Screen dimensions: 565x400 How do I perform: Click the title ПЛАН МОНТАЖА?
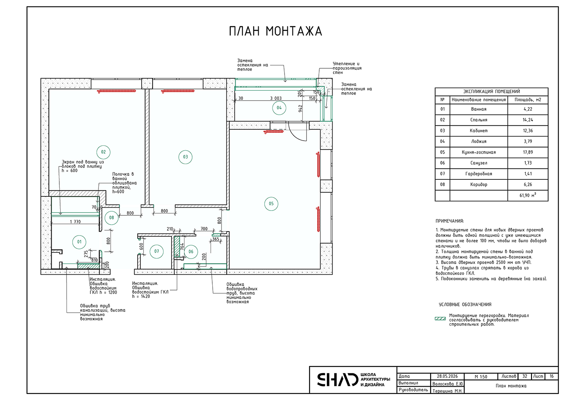pos(275,32)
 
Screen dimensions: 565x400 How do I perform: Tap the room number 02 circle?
pos(103,152)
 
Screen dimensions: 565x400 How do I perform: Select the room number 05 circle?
pos(271,204)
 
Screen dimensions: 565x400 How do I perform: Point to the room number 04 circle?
pos(279,108)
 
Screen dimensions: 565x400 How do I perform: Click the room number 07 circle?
pos(157,251)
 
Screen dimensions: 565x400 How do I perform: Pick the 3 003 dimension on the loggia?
pos(276,98)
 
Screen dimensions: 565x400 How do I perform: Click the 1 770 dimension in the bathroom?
pos(75,222)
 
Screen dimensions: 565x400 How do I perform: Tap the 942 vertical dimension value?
pos(300,109)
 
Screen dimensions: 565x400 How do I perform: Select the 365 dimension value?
pos(216,239)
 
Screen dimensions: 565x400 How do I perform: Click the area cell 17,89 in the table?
pos(528,152)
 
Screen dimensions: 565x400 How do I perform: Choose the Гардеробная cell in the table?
pos(479,174)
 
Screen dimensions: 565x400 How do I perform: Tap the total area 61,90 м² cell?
pos(528,195)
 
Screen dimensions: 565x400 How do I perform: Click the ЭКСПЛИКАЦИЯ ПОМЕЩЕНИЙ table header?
pos(492,91)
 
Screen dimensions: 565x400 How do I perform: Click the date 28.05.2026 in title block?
pos(447,376)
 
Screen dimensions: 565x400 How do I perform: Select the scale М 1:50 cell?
pos(481,377)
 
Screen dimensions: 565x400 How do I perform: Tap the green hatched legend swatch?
pos(440,319)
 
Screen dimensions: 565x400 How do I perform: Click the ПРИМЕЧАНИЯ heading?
pos(450,221)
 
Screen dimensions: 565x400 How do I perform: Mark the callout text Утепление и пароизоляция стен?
pos(347,68)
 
